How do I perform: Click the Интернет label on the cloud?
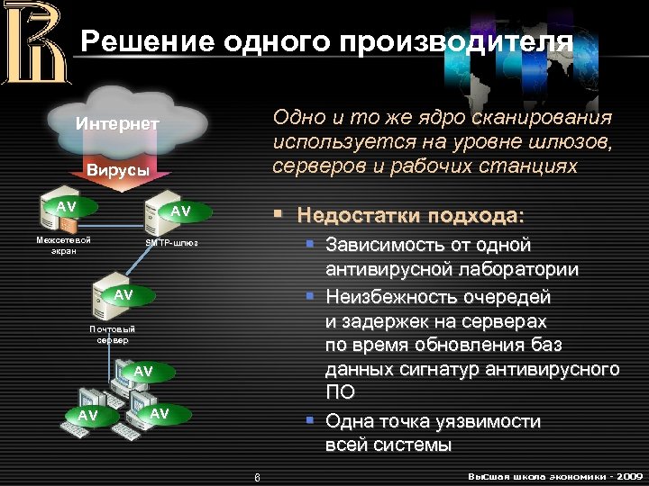(117, 123)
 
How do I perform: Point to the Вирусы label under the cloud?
(117, 170)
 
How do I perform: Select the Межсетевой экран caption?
(63, 246)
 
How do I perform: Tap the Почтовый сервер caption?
(113, 335)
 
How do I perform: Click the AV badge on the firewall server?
(67, 206)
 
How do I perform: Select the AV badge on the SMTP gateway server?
(181, 211)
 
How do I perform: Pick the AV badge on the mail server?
(123, 294)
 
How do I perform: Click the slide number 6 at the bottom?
(256, 476)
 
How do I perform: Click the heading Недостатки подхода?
(409, 216)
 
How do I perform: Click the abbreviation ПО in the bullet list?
(340, 392)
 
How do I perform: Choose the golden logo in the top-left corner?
(33, 43)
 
